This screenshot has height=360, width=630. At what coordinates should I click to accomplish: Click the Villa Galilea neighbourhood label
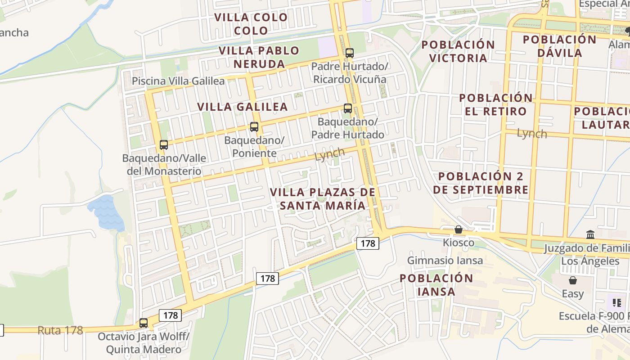pos(243,107)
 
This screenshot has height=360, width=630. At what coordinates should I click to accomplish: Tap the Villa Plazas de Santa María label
pos(322,199)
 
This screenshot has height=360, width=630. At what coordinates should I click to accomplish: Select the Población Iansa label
pos(436,285)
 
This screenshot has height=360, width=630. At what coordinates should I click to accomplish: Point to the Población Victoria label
pos(458,51)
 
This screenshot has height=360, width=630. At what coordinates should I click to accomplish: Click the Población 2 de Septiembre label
pos(481,183)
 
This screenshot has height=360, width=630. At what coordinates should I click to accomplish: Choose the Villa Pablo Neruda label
pos(259,57)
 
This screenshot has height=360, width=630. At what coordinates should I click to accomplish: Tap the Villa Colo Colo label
pos(251,24)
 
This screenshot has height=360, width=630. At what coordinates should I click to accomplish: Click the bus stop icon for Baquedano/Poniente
pos(254,127)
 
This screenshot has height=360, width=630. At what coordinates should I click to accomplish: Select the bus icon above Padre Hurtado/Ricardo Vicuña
pos(350,53)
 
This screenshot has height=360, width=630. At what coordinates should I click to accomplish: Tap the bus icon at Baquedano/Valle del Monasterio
pos(164,145)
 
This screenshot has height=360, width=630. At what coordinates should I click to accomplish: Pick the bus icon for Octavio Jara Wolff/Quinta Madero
pos(144,323)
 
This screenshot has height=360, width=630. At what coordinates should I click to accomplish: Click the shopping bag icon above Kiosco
pos(459,229)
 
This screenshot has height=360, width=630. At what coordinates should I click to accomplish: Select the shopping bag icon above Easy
pos(573,280)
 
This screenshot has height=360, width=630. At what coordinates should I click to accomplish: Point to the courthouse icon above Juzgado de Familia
pos(590,234)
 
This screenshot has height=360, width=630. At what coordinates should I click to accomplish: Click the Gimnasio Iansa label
pos(445,260)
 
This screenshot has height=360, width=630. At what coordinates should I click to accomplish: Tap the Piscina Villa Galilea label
pos(178,81)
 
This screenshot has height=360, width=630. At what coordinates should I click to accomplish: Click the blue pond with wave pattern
pos(107,211)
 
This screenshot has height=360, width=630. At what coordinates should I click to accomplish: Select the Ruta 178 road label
pos(60,330)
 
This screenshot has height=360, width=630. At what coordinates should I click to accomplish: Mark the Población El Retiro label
pos(495,104)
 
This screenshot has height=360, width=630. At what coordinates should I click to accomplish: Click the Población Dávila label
pos(559,46)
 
